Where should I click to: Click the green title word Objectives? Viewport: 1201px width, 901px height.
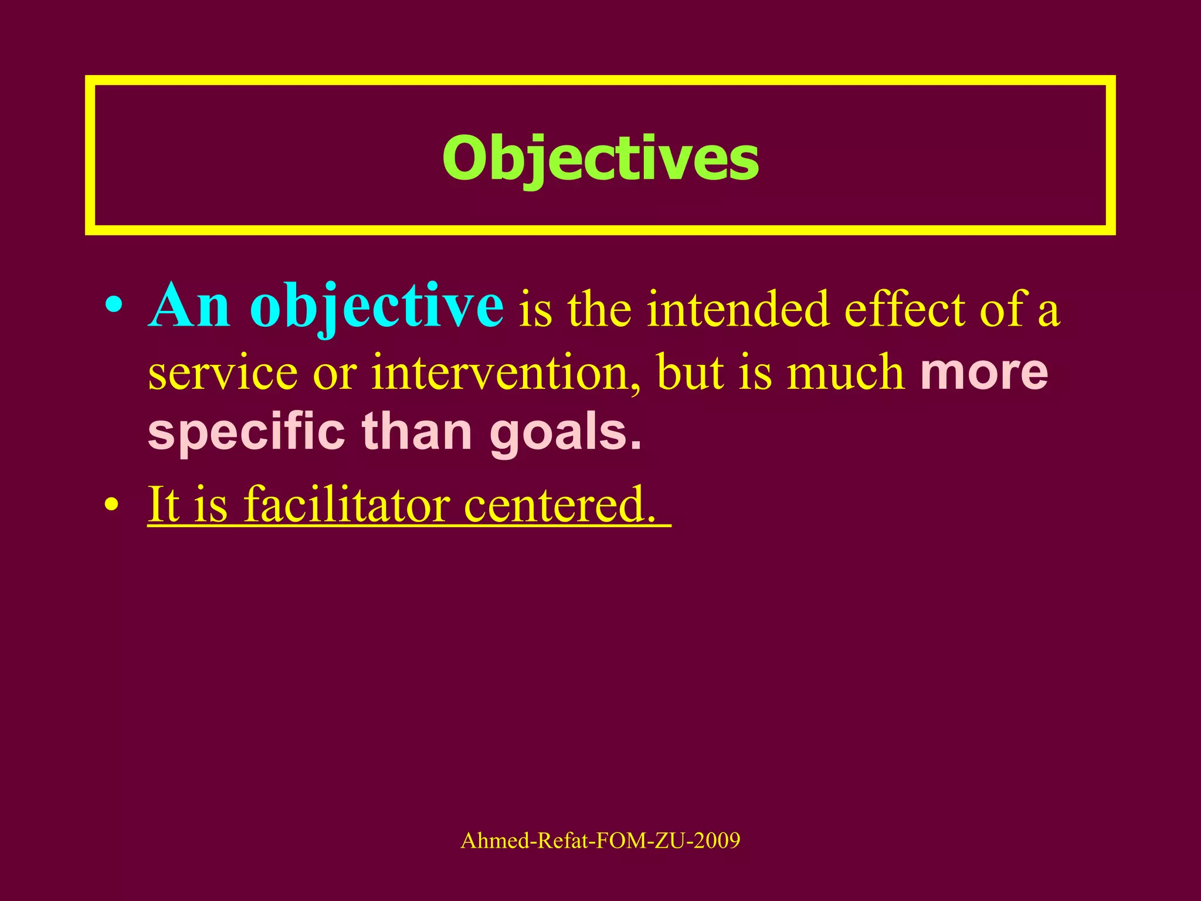pyautogui.click(x=600, y=158)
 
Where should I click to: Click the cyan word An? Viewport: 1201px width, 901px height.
pyautogui.click(x=189, y=306)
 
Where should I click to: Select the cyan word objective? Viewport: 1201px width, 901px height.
pyautogui.click(x=376, y=306)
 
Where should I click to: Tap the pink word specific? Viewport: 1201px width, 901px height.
pyautogui.click(x=246, y=432)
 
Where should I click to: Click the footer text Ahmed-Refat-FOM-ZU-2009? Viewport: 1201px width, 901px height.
pyautogui.click(x=600, y=841)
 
